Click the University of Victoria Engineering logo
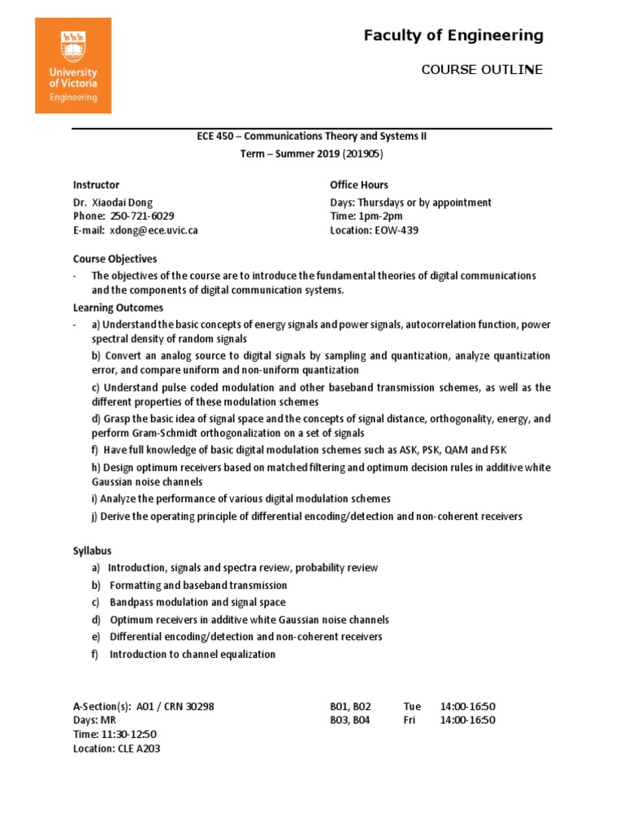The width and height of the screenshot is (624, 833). pyautogui.click(x=72, y=66)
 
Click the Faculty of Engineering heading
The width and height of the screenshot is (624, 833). pyautogui.click(x=453, y=35)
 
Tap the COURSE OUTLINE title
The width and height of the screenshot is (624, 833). pyautogui.click(x=482, y=70)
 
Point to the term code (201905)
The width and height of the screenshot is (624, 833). pyautogui.click(x=357, y=153)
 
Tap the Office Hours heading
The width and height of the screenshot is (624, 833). pyautogui.click(x=359, y=185)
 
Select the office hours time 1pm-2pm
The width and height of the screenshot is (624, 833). pyautogui.click(x=379, y=216)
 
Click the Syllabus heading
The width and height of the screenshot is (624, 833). pyautogui.click(x=93, y=551)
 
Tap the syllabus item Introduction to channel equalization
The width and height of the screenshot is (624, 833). pyautogui.click(x=192, y=654)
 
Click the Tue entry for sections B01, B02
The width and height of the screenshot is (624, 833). pyautogui.click(x=411, y=706)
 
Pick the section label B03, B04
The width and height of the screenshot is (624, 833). pyautogui.click(x=350, y=720)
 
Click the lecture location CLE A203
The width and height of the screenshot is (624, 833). pyautogui.click(x=138, y=749)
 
